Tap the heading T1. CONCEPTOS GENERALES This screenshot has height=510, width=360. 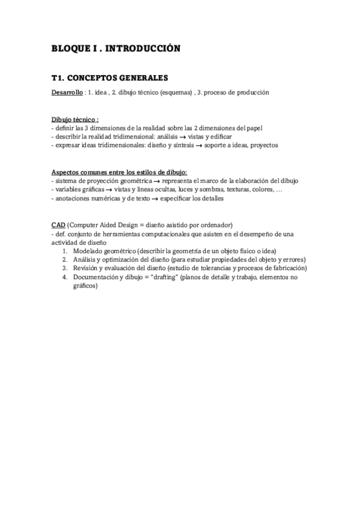click(110, 78)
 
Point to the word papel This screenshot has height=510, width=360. click(253, 128)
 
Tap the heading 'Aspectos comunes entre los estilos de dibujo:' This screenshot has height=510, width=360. click(120, 173)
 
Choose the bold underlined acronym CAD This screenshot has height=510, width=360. click(58, 225)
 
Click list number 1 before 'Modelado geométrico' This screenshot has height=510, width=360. click(64, 251)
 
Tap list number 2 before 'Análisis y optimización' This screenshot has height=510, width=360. click(64, 260)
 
